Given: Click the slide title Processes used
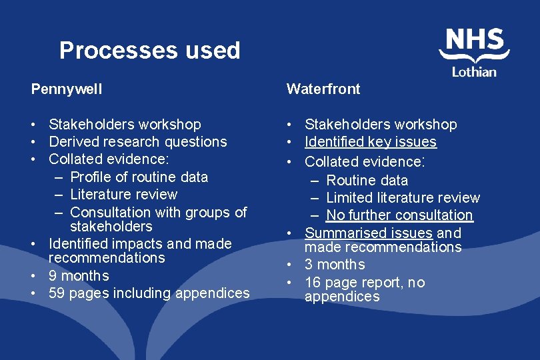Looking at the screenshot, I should [149, 51].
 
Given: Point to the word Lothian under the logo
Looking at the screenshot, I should [474, 71].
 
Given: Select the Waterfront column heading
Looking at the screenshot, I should [323, 89].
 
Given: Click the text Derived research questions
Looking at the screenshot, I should [138, 142].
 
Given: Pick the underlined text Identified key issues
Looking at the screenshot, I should [370, 142].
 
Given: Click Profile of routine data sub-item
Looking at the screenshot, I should [139, 177].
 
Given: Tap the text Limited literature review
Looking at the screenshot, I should [403, 198].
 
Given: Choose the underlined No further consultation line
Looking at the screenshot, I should [399, 215].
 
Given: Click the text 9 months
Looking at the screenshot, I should [79, 276].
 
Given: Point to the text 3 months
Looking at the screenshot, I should [335, 265].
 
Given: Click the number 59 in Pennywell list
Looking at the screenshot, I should [57, 293].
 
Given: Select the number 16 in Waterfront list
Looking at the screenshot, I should [313, 283].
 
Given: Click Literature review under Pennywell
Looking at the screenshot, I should [123, 195].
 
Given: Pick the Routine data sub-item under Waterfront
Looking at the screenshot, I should [367, 181].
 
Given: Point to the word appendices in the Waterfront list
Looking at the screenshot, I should [342, 297].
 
